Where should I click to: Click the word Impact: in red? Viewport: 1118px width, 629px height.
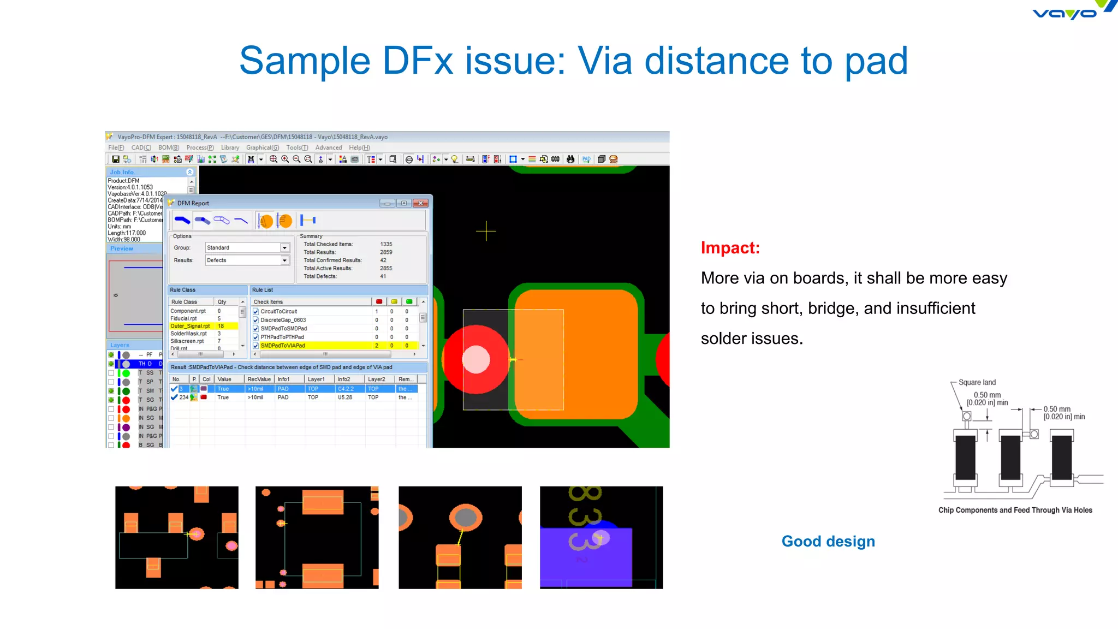[x=730, y=248]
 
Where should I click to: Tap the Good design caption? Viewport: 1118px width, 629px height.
[x=828, y=541]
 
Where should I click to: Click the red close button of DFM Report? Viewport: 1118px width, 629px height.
[x=420, y=203]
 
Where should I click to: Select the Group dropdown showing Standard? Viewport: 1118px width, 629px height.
[x=247, y=248]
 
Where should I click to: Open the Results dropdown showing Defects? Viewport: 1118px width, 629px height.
[x=247, y=260]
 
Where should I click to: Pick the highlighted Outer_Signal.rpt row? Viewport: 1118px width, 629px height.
[x=190, y=326]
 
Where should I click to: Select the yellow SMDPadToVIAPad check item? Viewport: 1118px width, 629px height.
[x=283, y=346]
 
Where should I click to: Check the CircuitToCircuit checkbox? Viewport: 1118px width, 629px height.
[x=255, y=312]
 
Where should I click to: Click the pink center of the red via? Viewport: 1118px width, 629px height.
[x=476, y=360]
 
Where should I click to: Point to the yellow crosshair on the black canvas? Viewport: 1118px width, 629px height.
[x=486, y=231]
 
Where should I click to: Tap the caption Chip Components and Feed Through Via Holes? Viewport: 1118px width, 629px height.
[x=1015, y=510]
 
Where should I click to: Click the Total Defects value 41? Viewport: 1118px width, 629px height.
[x=383, y=276]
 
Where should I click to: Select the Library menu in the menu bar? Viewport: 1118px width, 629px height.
[x=230, y=148]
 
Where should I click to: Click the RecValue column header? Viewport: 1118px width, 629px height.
[x=259, y=379]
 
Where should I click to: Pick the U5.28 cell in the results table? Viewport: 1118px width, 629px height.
[x=344, y=397]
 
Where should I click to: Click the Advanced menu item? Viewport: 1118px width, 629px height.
[x=328, y=148]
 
